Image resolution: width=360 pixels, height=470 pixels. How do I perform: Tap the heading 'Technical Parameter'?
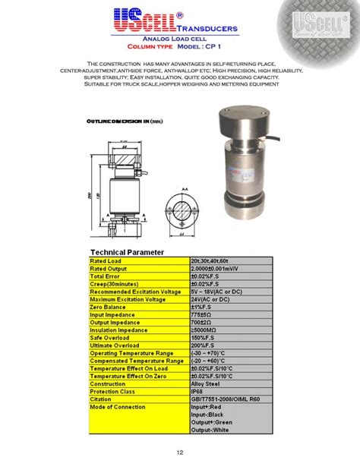[127, 252]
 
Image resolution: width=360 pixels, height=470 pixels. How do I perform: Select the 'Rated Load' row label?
[106, 261]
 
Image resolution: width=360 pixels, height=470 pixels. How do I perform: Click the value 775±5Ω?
[203, 314]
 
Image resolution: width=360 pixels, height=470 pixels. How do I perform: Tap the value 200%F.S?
[204, 345]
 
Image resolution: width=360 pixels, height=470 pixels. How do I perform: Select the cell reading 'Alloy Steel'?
[206, 383]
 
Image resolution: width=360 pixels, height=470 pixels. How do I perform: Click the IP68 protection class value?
[198, 391]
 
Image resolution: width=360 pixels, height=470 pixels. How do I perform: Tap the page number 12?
[180, 453]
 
